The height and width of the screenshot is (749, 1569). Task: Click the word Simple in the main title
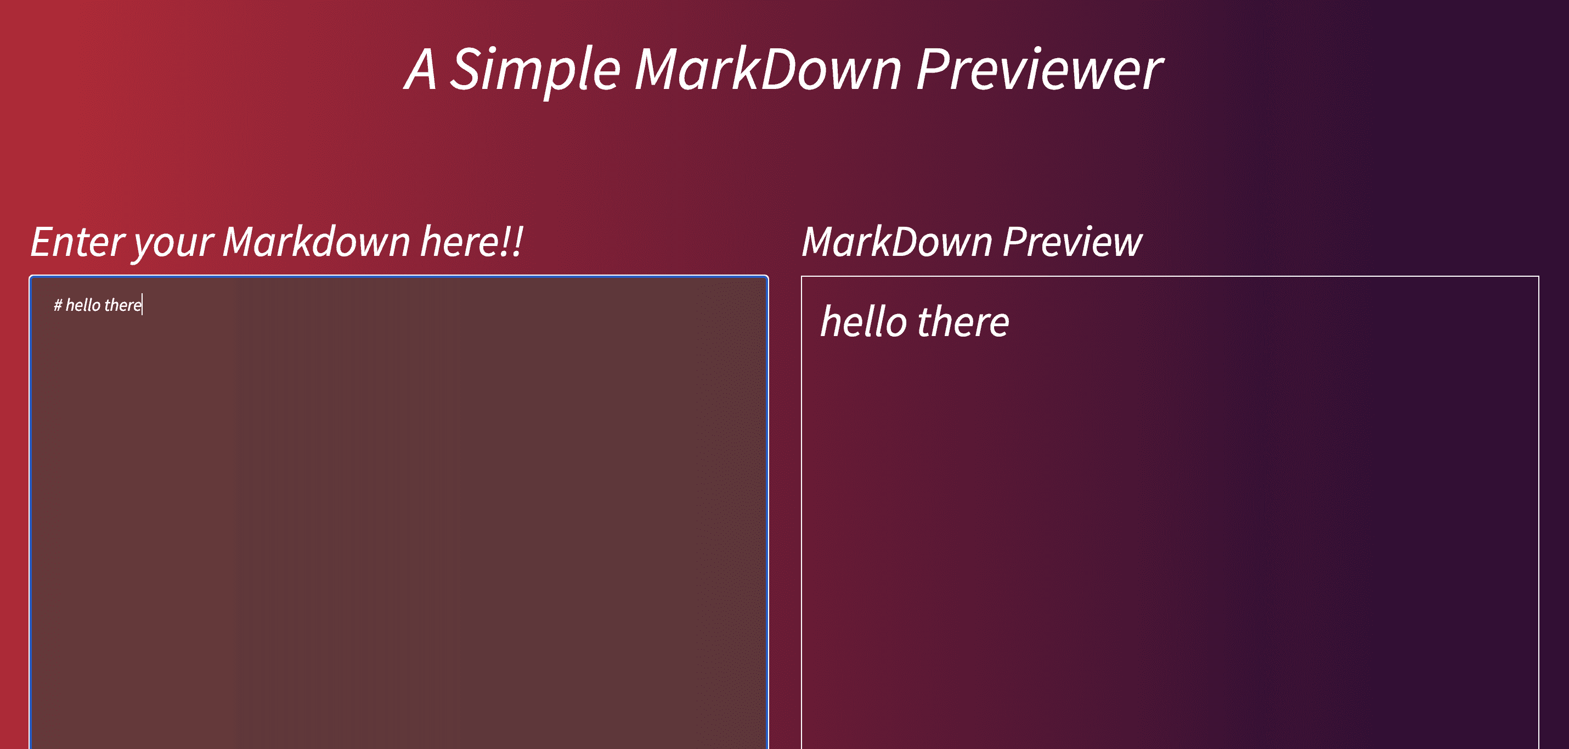click(535, 70)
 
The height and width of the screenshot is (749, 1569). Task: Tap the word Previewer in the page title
click(1039, 70)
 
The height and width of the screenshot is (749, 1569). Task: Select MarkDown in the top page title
click(767, 70)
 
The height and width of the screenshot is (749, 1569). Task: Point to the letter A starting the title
click(421, 70)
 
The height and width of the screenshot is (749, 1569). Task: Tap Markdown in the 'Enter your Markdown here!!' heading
click(316, 242)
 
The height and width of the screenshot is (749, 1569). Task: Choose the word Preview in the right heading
click(1072, 242)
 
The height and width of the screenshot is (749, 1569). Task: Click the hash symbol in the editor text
click(58, 305)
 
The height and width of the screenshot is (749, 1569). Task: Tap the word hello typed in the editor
click(83, 305)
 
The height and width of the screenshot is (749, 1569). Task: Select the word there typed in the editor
click(122, 305)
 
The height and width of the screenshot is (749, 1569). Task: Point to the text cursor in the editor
click(142, 305)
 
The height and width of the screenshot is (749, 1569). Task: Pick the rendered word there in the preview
click(963, 322)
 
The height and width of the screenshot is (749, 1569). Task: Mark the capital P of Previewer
click(932, 70)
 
